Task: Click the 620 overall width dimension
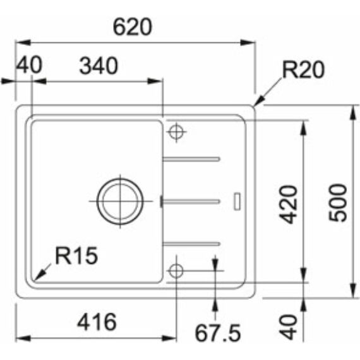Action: pos(133,27)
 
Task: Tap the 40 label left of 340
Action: pos(28,66)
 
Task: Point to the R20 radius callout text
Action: pos(303,70)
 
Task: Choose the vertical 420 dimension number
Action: pos(288,203)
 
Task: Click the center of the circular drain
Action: pos(118,200)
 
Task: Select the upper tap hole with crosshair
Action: pos(176,132)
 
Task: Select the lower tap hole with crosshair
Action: pos(176,270)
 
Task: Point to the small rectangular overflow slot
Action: pos(237,200)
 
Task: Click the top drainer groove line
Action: pos(191,159)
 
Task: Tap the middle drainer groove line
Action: pos(191,201)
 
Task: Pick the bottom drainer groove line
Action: pos(191,243)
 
